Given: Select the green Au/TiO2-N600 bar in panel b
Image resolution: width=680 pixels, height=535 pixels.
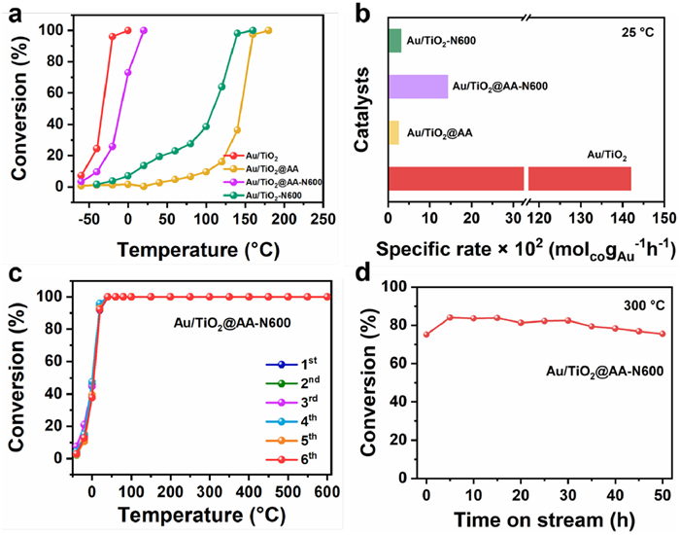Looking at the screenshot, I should [394, 41].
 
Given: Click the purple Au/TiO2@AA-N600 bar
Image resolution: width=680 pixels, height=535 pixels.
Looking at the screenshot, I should [418, 87].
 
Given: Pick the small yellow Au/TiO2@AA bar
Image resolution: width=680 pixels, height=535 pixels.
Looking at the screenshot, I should [393, 132].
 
